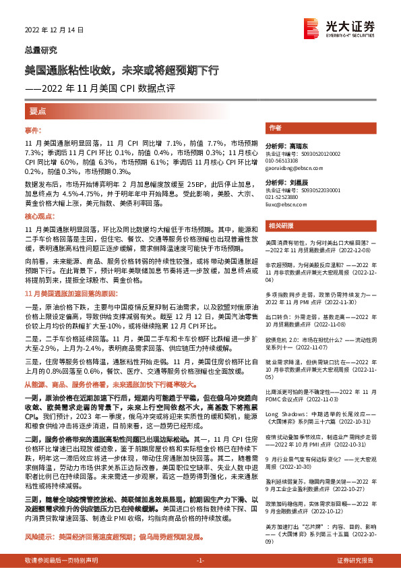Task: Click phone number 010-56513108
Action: (x=282, y=161)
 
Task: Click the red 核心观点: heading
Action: (x=38, y=218)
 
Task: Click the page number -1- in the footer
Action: (x=200, y=561)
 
